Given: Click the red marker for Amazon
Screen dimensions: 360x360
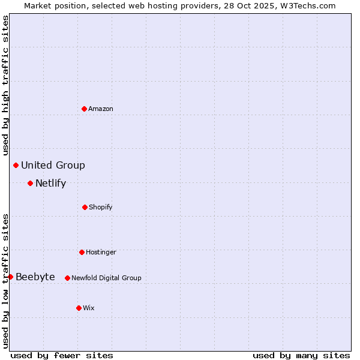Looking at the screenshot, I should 84,109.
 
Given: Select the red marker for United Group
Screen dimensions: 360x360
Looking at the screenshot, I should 16,165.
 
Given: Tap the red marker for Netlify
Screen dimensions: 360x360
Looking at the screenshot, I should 30,183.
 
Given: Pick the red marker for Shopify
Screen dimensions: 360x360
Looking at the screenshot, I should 85,207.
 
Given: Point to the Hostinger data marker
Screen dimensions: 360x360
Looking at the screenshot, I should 82,252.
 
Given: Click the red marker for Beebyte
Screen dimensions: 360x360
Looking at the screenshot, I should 10,277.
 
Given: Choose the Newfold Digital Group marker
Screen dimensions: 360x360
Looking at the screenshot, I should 67,278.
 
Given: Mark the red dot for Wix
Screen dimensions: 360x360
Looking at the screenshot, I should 79,308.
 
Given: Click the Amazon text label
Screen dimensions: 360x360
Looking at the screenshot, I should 101,109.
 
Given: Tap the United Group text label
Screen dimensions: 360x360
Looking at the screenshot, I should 53,165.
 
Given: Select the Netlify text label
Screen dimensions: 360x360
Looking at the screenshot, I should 50,183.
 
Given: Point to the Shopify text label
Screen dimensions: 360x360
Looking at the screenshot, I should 101,207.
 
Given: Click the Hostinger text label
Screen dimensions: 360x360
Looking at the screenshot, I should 101,252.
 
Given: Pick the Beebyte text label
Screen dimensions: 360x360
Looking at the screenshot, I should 35,277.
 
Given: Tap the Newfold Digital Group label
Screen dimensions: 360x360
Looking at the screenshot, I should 106,278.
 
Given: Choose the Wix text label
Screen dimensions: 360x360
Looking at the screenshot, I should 89,308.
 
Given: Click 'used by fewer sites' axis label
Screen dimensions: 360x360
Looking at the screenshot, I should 62,355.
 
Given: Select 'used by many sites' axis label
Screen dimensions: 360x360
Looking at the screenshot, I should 301,355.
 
